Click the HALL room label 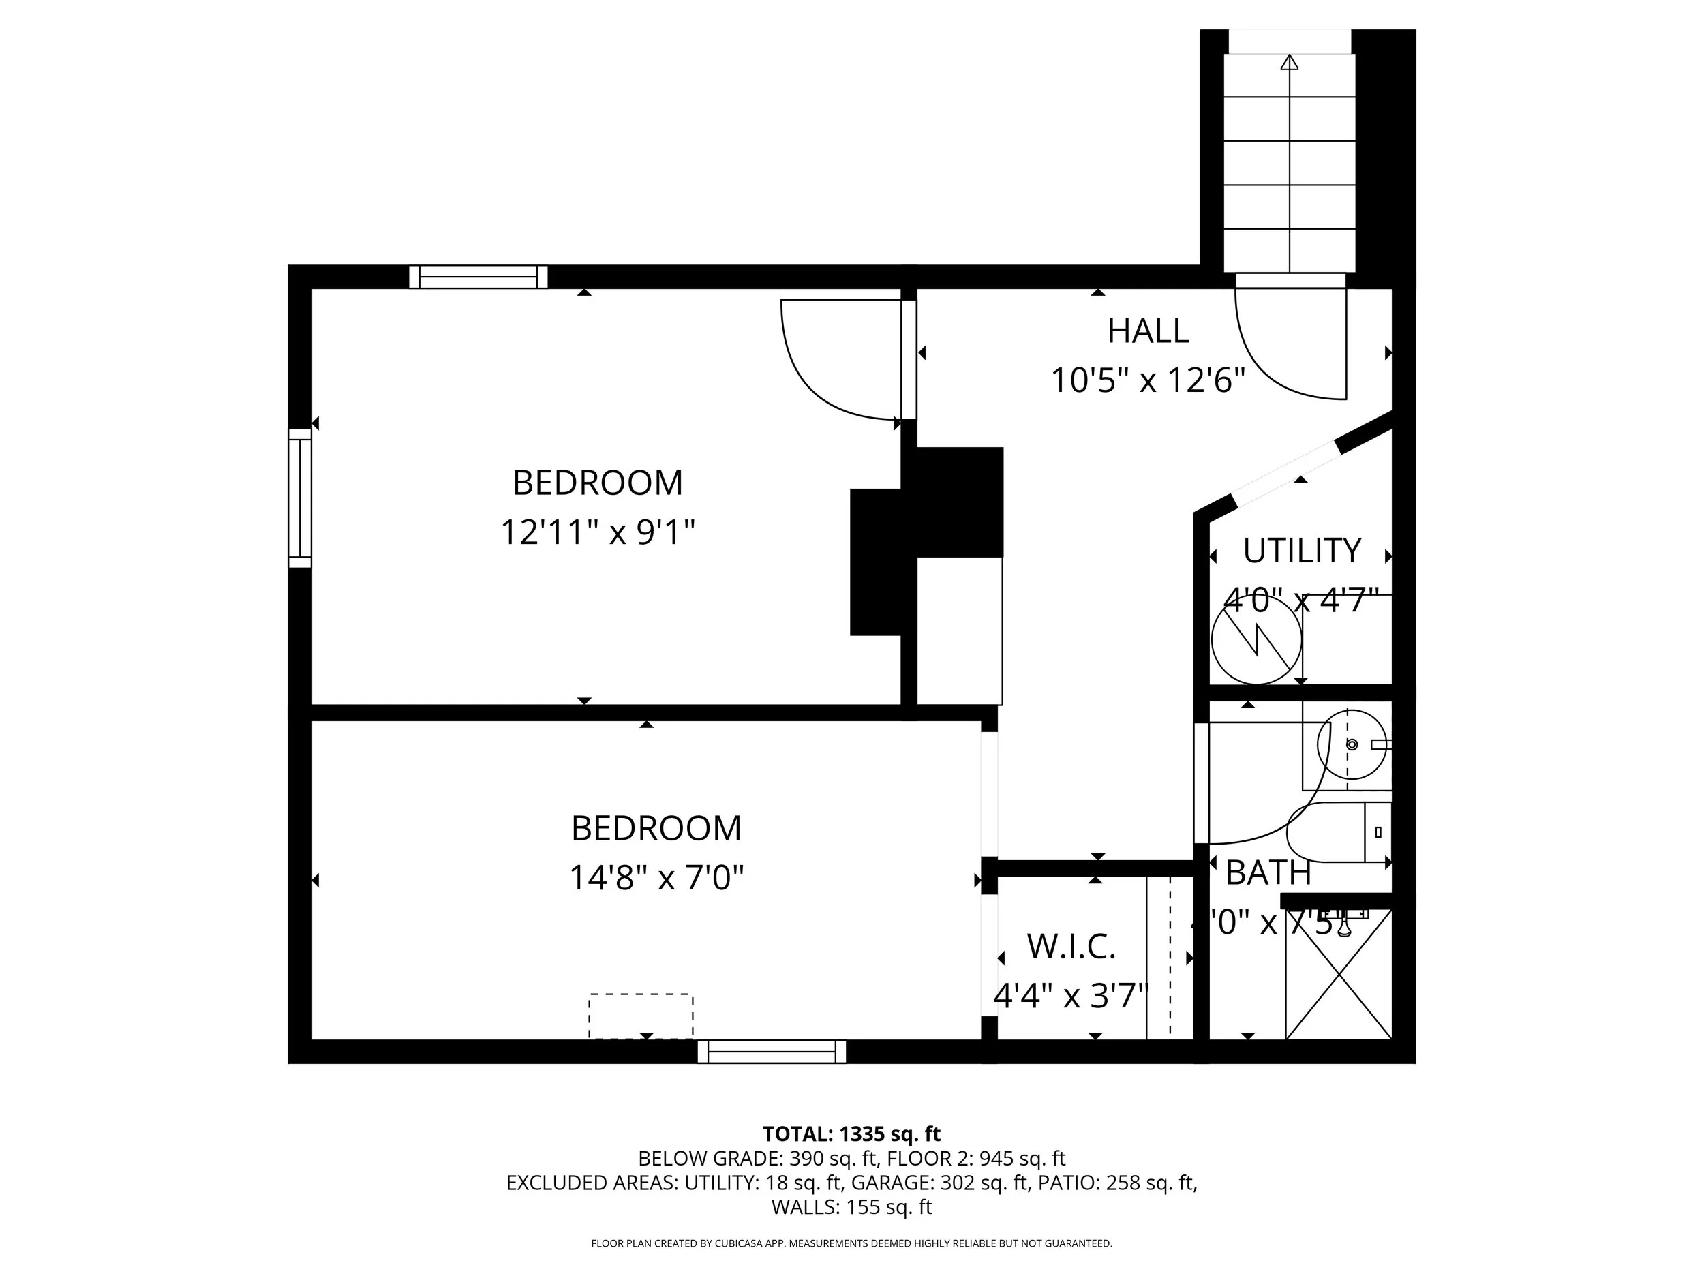pyautogui.click(x=1148, y=331)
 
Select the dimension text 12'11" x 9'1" pyautogui.click(x=598, y=532)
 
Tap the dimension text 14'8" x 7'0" pyautogui.click(x=656, y=877)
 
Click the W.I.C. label pyautogui.click(x=1071, y=947)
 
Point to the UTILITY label pyautogui.click(x=1302, y=551)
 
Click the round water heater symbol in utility pyautogui.click(x=1256, y=639)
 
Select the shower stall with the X pyautogui.click(x=1339, y=975)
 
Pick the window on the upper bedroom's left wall pyautogui.click(x=300, y=498)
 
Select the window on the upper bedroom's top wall pyautogui.click(x=478, y=277)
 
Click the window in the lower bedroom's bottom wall pyautogui.click(x=771, y=1052)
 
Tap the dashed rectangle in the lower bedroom pyautogui.click(x=641, y=1016)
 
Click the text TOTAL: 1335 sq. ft pyautogui.click(x=851, y=1134)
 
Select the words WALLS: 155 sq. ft pyautogui.click(x=851, y=1207)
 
